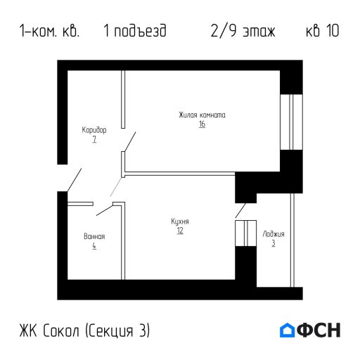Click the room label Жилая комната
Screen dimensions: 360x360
click(x=202, y=115)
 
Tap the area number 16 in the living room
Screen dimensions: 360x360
click(x=202, y=124)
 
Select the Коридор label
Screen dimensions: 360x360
click(x=94, y=131)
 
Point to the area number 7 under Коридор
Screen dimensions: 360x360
click(x=94, y=140)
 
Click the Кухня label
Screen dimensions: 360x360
click(x=180, y=221)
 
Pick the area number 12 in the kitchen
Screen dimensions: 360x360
click(x=180, y=231)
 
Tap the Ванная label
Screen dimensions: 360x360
click(x=94, y=236)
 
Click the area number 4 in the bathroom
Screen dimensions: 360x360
click(x=94, y=246)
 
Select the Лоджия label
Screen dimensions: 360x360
click(x=274, y=233)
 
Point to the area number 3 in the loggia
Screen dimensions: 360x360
click(x=274, y=243)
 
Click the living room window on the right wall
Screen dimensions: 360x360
click(x=286, y=121)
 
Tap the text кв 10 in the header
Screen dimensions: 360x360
click(x=323, y=32)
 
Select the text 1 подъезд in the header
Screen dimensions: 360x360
click(x=134, y=32)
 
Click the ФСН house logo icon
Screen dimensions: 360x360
click(x=288, y=330)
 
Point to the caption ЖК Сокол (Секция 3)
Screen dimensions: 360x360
click(x=85, y=330)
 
